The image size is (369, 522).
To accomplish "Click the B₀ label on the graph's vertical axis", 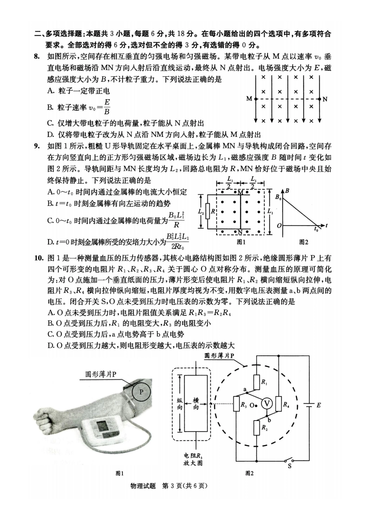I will (277, 197).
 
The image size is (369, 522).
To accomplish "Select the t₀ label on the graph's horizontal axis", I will (316, 230).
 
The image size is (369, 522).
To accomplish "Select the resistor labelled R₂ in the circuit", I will (256, 428).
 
